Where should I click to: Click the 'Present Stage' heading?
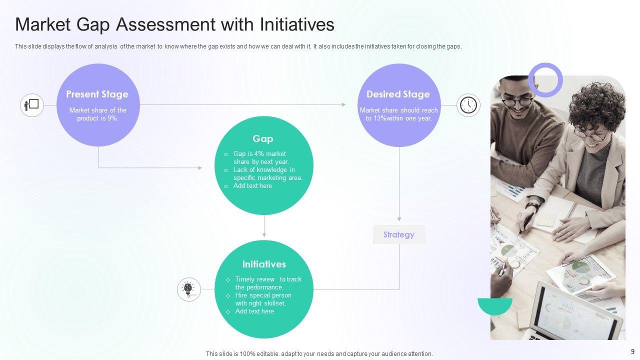pos(97,94)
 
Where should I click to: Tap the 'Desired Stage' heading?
pos(398,94)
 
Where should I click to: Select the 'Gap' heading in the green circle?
pos(263,138)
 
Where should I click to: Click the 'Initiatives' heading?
pos(264,264)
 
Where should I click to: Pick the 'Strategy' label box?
pos(399,234)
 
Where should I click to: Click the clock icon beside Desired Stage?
pos(468,105)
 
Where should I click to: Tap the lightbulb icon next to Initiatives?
pos(188,289)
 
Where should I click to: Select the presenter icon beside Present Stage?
pos(32,105)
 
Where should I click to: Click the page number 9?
pos(632,351)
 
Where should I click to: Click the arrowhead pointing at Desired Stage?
pos(343,104)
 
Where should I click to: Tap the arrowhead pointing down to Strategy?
pos(399,218)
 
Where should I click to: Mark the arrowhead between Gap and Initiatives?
pos(264,234)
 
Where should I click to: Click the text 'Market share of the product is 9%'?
pos(98,114)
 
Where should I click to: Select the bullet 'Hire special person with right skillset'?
pos(263,299)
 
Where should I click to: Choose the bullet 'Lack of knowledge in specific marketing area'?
pos(267,173)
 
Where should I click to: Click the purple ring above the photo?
pos(545,80)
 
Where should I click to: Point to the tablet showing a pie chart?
pos(580,274)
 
